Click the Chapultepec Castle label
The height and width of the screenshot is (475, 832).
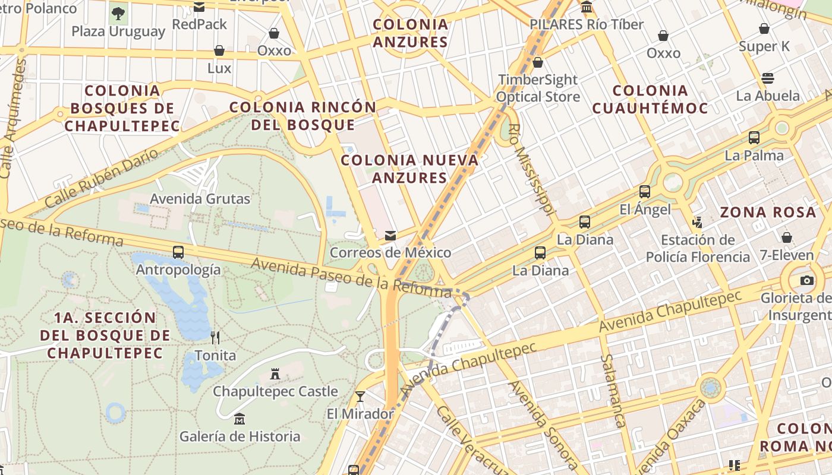[275, 392]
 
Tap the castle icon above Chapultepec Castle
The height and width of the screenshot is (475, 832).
[275, 374]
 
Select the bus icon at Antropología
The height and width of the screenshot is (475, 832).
[178, 252]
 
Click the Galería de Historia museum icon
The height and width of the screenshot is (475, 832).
[239, 419]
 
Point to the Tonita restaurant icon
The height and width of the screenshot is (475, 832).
[215, 338]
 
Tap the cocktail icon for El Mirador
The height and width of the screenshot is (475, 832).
[360, 396]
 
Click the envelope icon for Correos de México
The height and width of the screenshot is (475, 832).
[390, 236]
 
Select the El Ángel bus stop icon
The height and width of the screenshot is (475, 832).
[645, 192]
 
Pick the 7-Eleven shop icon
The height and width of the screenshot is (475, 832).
[787, 237]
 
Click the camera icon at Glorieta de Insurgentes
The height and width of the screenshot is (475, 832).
[806, 280]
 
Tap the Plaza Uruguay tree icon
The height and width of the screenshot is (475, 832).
[118, 13]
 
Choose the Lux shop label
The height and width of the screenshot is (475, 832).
[219, 68]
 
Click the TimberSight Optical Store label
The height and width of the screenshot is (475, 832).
[538, 88]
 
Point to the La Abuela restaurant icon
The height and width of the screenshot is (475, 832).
[768, 78]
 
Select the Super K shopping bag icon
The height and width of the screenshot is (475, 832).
[764, 28]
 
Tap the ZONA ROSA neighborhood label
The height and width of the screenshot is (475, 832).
[768, 212]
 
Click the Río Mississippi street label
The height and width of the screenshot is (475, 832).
[532, 169]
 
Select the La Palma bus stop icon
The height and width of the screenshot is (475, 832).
[754, 138]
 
